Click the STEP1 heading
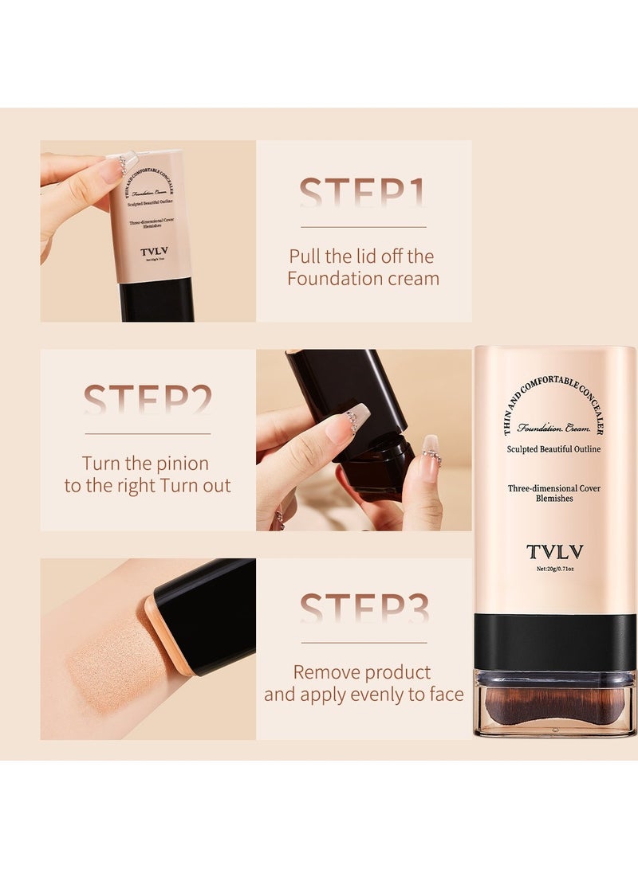363,194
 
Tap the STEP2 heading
148,399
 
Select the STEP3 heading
364,609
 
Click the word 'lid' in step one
372,256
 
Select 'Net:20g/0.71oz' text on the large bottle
554,569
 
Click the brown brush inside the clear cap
555,705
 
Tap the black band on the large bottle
555,642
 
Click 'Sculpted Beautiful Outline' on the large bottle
554,449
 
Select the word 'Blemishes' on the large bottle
554,499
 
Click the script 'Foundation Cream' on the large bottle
554,428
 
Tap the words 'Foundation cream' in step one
363,279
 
